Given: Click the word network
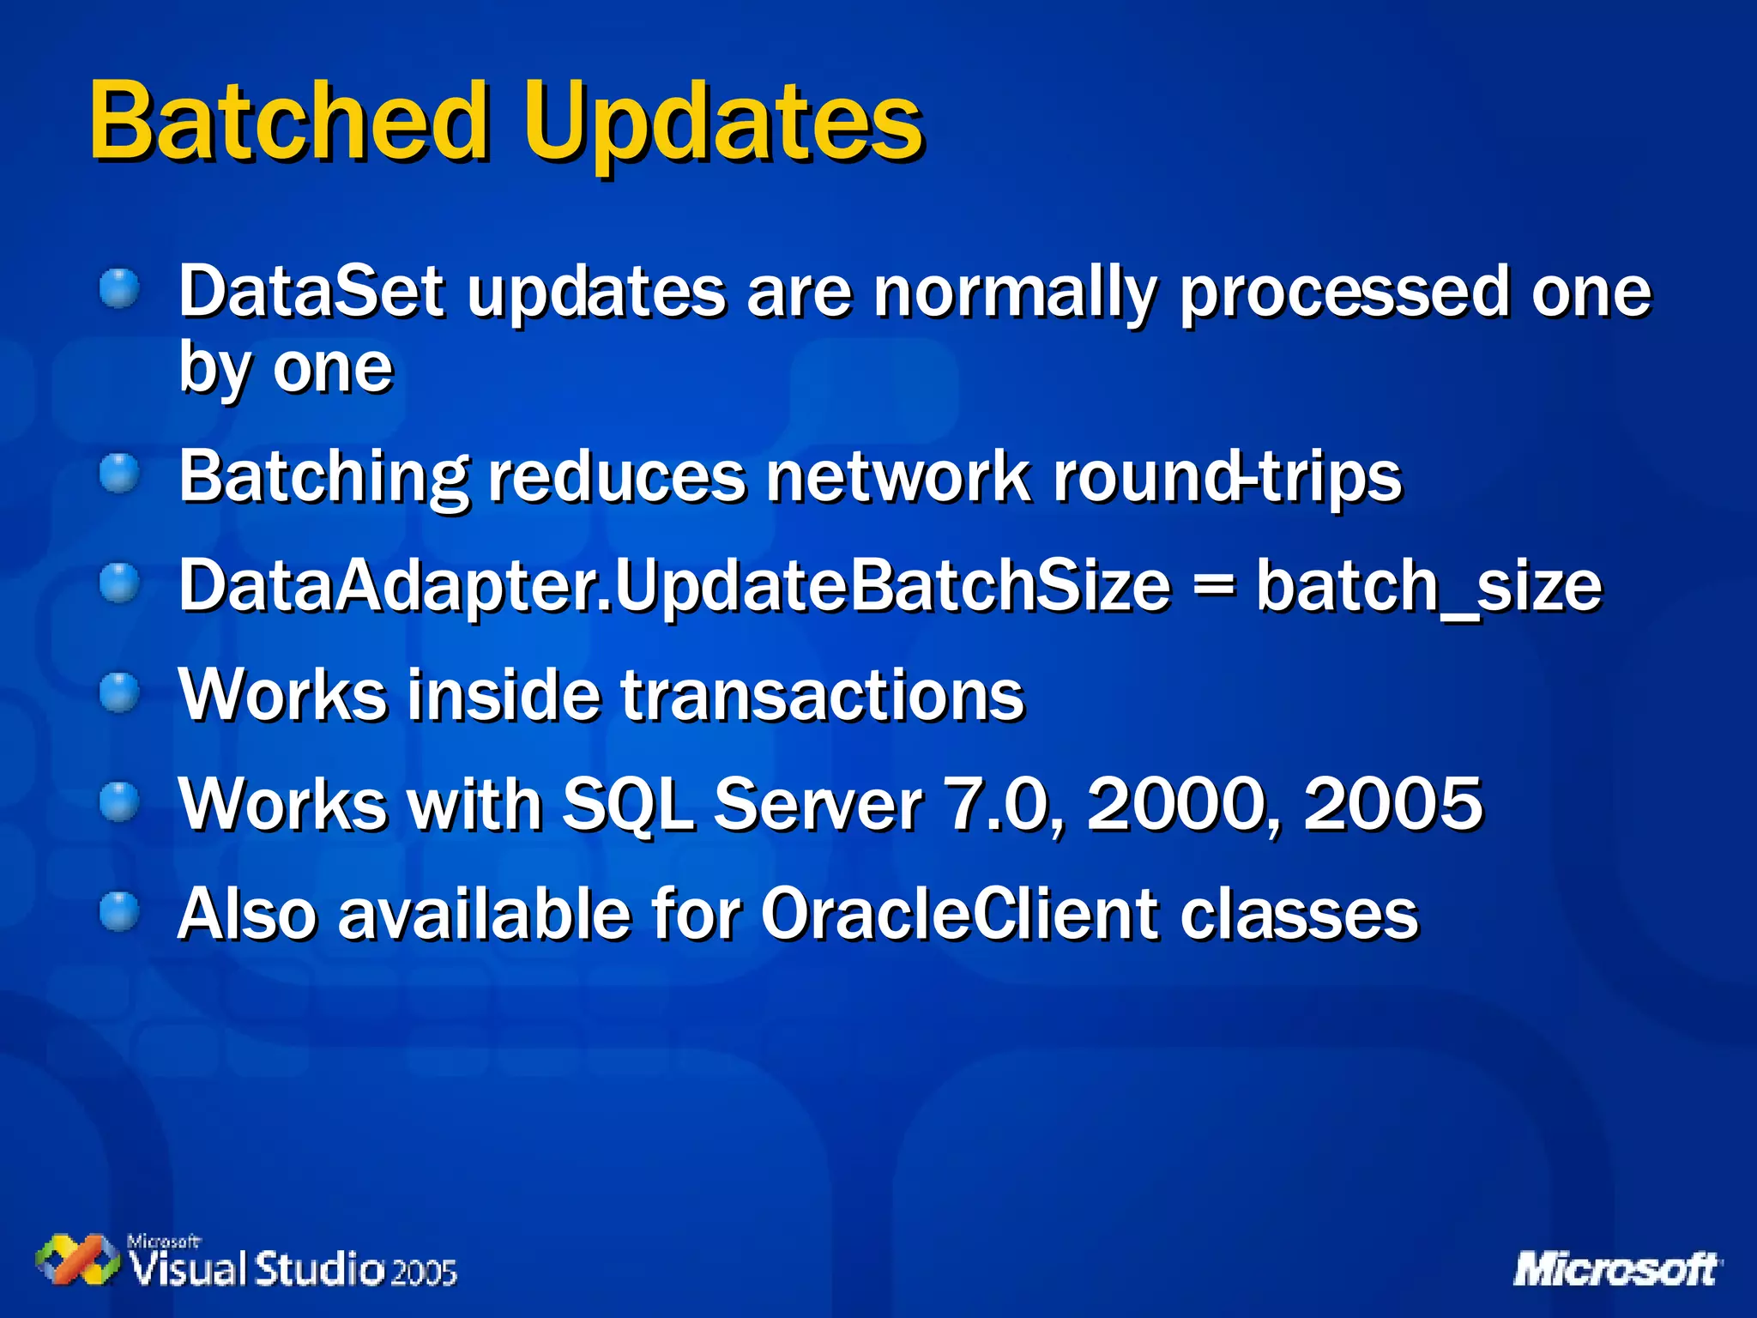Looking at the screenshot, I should click(x=898, y=476).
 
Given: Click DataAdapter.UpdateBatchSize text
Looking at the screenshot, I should click(x=674, y=587).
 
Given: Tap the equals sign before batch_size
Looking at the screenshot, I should click(x=1213, y=587).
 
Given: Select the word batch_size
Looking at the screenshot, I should click(x=1428, y=587).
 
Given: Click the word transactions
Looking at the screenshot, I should click(x=822, y=695).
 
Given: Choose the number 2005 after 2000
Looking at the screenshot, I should click(x=1392, y=803).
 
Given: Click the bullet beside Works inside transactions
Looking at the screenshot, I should click(x=119, y=692).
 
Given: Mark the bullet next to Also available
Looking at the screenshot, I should click(x=119, y=911).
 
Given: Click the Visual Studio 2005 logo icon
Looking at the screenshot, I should click(x=76, y=1260).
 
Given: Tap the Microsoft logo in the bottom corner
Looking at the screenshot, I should click(x=1616, y=1268).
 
